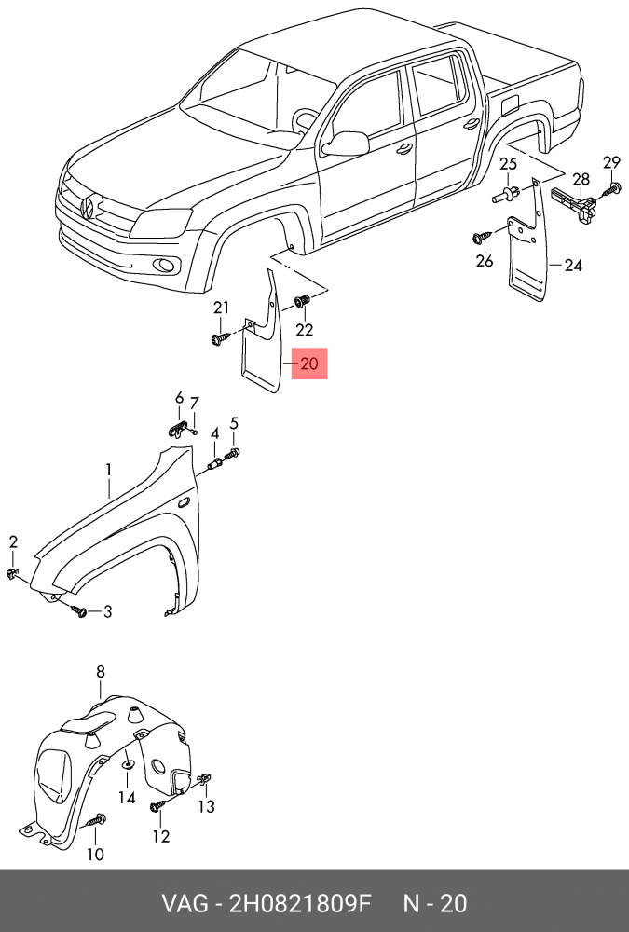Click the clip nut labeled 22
tap(301, 302)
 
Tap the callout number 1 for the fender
tap(108, 469)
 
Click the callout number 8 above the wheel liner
tap(101, 671)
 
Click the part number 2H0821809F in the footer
tap(300, 903)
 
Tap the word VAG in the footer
tap(183, 903)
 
